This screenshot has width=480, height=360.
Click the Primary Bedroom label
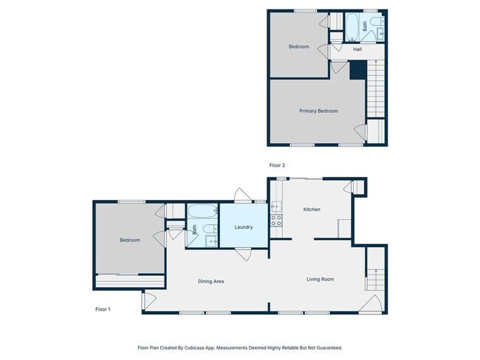coord(318,111)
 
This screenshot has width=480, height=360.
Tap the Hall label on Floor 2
coord(357,49)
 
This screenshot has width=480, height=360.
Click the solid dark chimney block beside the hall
coord(357,69)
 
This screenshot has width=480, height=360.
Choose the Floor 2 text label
coord(278,166)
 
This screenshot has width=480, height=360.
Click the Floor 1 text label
coord(103,308)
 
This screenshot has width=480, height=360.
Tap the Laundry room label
coord(244,227)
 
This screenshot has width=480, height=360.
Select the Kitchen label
coord(312,210)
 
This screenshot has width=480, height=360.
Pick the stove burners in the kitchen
coord(276,219)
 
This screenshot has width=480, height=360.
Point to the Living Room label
coord(320,279)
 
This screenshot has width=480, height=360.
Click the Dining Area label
coord(210,281)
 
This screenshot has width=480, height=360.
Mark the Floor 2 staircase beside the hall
coord(377,89)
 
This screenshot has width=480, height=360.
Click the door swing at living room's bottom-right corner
coord(372,303)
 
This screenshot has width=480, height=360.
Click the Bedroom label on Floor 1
coord(130,240)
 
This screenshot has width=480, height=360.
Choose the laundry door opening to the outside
coord(242,195)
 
